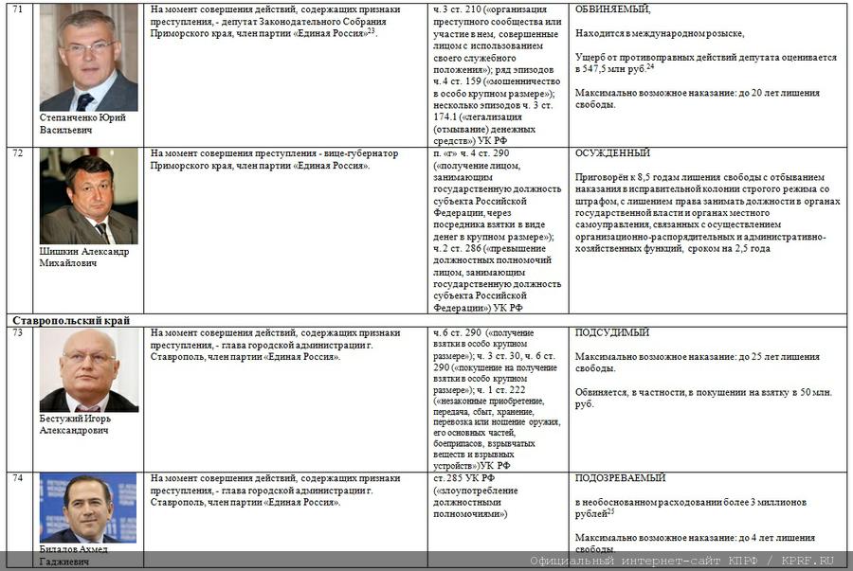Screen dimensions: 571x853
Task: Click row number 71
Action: pos(18,9)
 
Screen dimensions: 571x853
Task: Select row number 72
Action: pos(18,153)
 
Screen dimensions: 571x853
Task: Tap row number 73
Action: pos(18,333)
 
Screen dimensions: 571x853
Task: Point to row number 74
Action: pos(18,478)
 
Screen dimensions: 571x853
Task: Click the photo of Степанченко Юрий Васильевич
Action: pos(88,58)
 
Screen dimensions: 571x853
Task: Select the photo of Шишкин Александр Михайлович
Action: pos(88,196)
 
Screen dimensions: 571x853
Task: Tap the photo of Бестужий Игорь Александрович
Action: pos(88,370)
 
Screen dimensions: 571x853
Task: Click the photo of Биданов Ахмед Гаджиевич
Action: pos(88,508)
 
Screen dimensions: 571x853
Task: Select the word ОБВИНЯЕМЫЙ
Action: pos(612,9)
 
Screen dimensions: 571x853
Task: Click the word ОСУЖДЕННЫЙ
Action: pos(612,153)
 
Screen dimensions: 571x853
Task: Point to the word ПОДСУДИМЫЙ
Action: pos(612,333)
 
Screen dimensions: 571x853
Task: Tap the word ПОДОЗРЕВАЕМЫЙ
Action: pos(620,478)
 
